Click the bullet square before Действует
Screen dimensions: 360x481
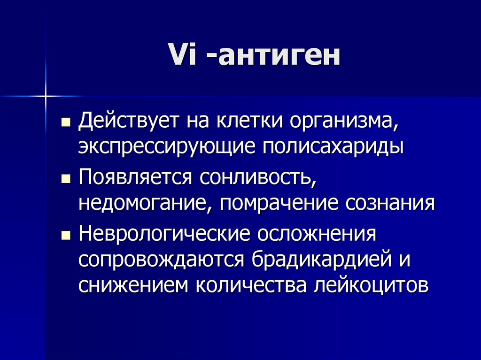click(x=66, y=123)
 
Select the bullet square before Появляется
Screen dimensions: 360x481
click(x=66, y=179)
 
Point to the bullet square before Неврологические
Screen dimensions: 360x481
click(x=66, y=236)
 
